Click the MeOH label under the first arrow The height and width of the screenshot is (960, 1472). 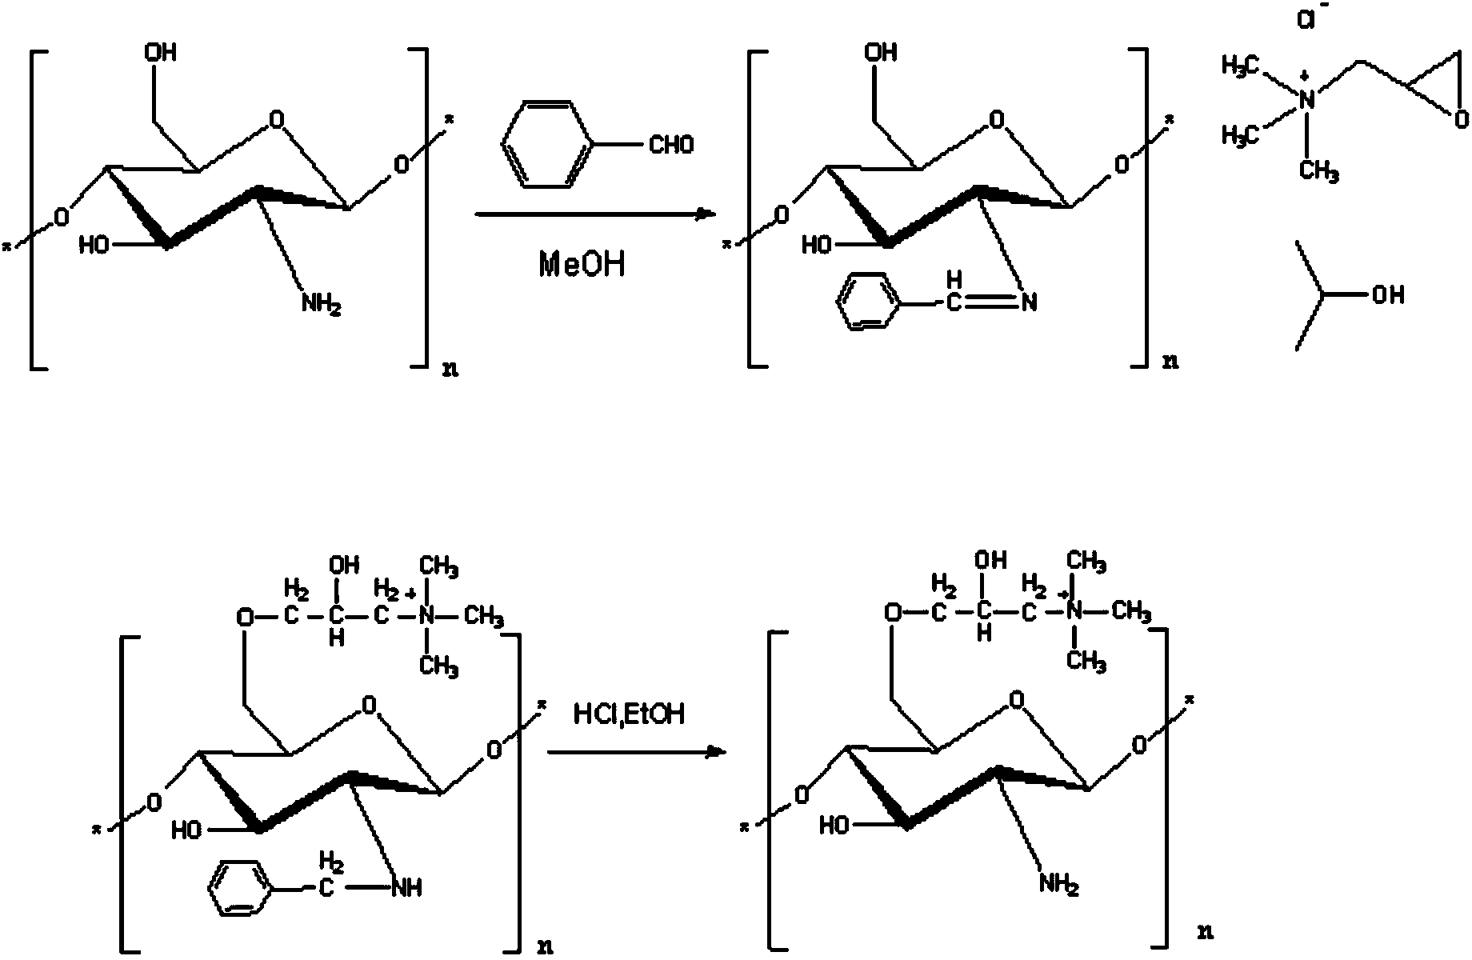(582, 263)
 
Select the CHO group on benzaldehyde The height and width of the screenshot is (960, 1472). (671, 145)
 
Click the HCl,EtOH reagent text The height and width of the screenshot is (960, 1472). (629, 714)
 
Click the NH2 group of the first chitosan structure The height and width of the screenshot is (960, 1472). (322, 305)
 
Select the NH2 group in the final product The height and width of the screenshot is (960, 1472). (1060, 884)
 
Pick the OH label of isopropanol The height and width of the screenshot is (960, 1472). (1388, 296)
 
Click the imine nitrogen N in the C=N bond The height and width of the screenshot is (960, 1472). (1029, 303)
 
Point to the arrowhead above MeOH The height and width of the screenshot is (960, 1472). (704, 214)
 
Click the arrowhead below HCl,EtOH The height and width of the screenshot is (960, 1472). (717, 752)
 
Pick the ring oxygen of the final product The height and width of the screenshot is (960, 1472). (1016, 702)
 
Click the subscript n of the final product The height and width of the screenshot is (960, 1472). (1205, 931)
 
